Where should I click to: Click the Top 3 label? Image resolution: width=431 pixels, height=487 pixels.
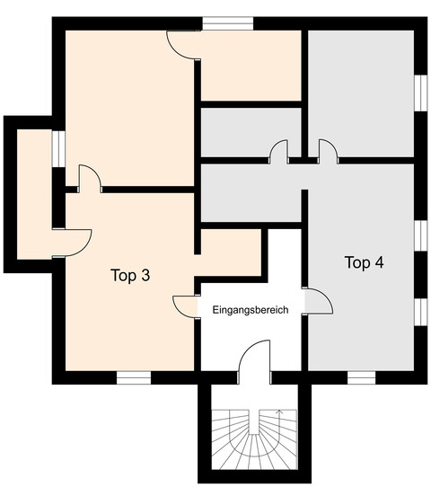pos(130,276)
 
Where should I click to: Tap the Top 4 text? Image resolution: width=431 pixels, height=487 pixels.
pos(365,262)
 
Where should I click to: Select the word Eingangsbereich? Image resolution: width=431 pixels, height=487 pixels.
pos(250,309)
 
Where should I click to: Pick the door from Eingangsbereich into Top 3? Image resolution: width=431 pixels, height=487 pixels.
pos(185,306)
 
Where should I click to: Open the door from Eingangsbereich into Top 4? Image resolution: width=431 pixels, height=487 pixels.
pos(318,301)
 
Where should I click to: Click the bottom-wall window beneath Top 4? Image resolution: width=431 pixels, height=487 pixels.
pos(360,377)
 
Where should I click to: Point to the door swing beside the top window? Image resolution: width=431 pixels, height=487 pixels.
pos(181,45)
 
